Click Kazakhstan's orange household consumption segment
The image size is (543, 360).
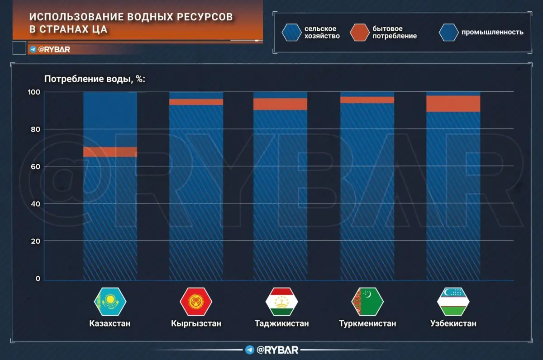110,152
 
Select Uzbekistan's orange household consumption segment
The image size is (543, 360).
453,104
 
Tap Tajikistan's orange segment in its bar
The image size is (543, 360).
281,104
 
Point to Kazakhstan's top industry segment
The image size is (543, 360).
110,119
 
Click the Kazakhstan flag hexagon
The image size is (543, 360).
110,301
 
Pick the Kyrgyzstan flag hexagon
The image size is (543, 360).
196,301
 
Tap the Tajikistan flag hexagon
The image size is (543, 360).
281,301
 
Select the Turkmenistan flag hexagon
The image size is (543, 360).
367,301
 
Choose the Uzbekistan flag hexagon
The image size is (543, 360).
453,301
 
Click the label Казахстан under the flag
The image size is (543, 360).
110,324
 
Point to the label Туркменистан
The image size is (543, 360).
367,324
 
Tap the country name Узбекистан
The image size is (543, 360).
453,324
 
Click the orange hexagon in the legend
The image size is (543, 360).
360,32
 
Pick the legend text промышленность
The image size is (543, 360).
492,32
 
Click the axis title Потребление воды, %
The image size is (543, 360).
94,79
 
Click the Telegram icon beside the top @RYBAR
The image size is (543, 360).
33,49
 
